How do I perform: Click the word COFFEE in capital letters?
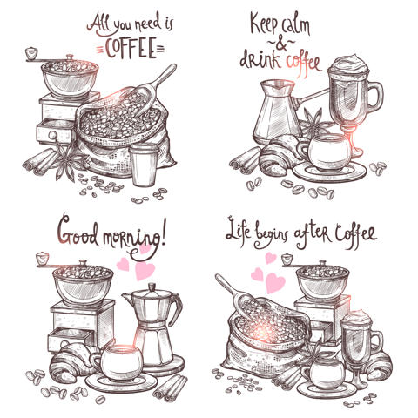[130, 49]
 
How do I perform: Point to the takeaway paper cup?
[144, 165]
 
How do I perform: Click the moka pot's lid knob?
[152, 287]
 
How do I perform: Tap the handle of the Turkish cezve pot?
[311, 97]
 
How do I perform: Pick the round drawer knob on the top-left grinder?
[53, 135]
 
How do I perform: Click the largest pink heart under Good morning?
[145, 270]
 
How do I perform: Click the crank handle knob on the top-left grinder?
[31, 52]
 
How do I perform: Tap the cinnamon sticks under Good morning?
[171, 388]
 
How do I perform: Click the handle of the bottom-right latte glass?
[377, 343]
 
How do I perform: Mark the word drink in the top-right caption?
[259, 59]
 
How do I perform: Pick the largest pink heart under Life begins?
[274, 282]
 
